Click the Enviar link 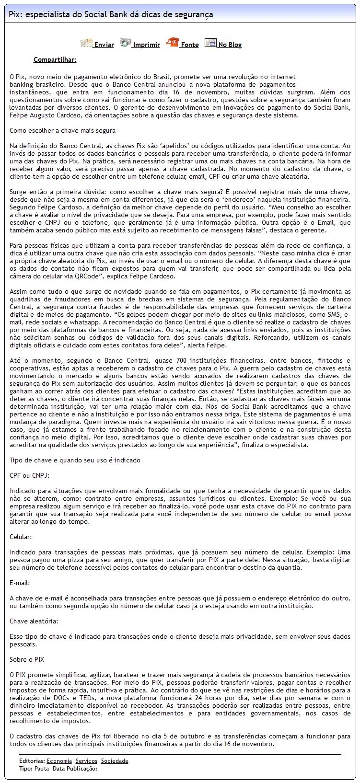(x=104, y=45)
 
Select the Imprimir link (x=146, y=45)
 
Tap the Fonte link (x=189, y=45)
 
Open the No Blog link (x=230, y=45)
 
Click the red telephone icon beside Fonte (x=172, y=43)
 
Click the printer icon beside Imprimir (x=126, y=43)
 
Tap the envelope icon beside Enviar (x=86, y=43)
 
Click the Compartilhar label (x=55, y=60)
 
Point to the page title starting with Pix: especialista (x=111, y=15)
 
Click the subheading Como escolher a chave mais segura (x=62, y=131)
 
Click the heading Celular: (x=21, y=537)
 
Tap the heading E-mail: (x=20, y=583)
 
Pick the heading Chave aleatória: (x=34, y=621)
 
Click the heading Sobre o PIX (x=27, y=659)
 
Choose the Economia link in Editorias (x=59, y=761)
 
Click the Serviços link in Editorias (x=86, y=761)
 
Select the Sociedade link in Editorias (x=115, y=761)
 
